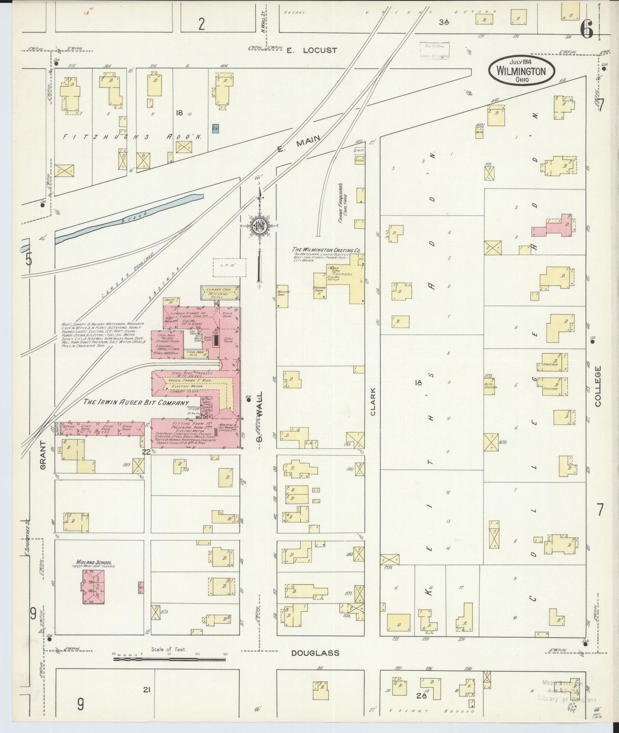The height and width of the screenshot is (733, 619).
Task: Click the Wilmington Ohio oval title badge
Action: [521, 70]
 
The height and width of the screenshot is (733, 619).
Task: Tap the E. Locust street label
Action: [311, 50]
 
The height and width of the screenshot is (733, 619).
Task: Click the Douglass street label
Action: [315, 653]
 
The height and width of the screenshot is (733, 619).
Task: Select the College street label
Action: [598, 386]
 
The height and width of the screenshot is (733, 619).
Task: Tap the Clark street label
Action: [373, 402]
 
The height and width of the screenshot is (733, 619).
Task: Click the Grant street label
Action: [43, 455]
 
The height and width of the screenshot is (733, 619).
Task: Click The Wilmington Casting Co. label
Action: [326, 249]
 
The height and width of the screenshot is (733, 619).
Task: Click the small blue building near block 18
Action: [215, 127]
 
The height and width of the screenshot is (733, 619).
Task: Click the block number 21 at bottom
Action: [147, 690]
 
